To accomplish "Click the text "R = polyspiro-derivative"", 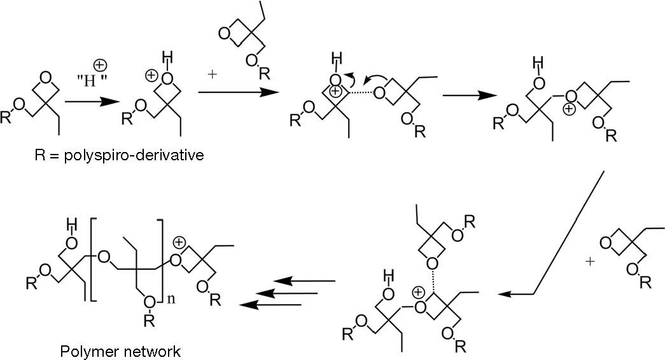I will tap(119, 155).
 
